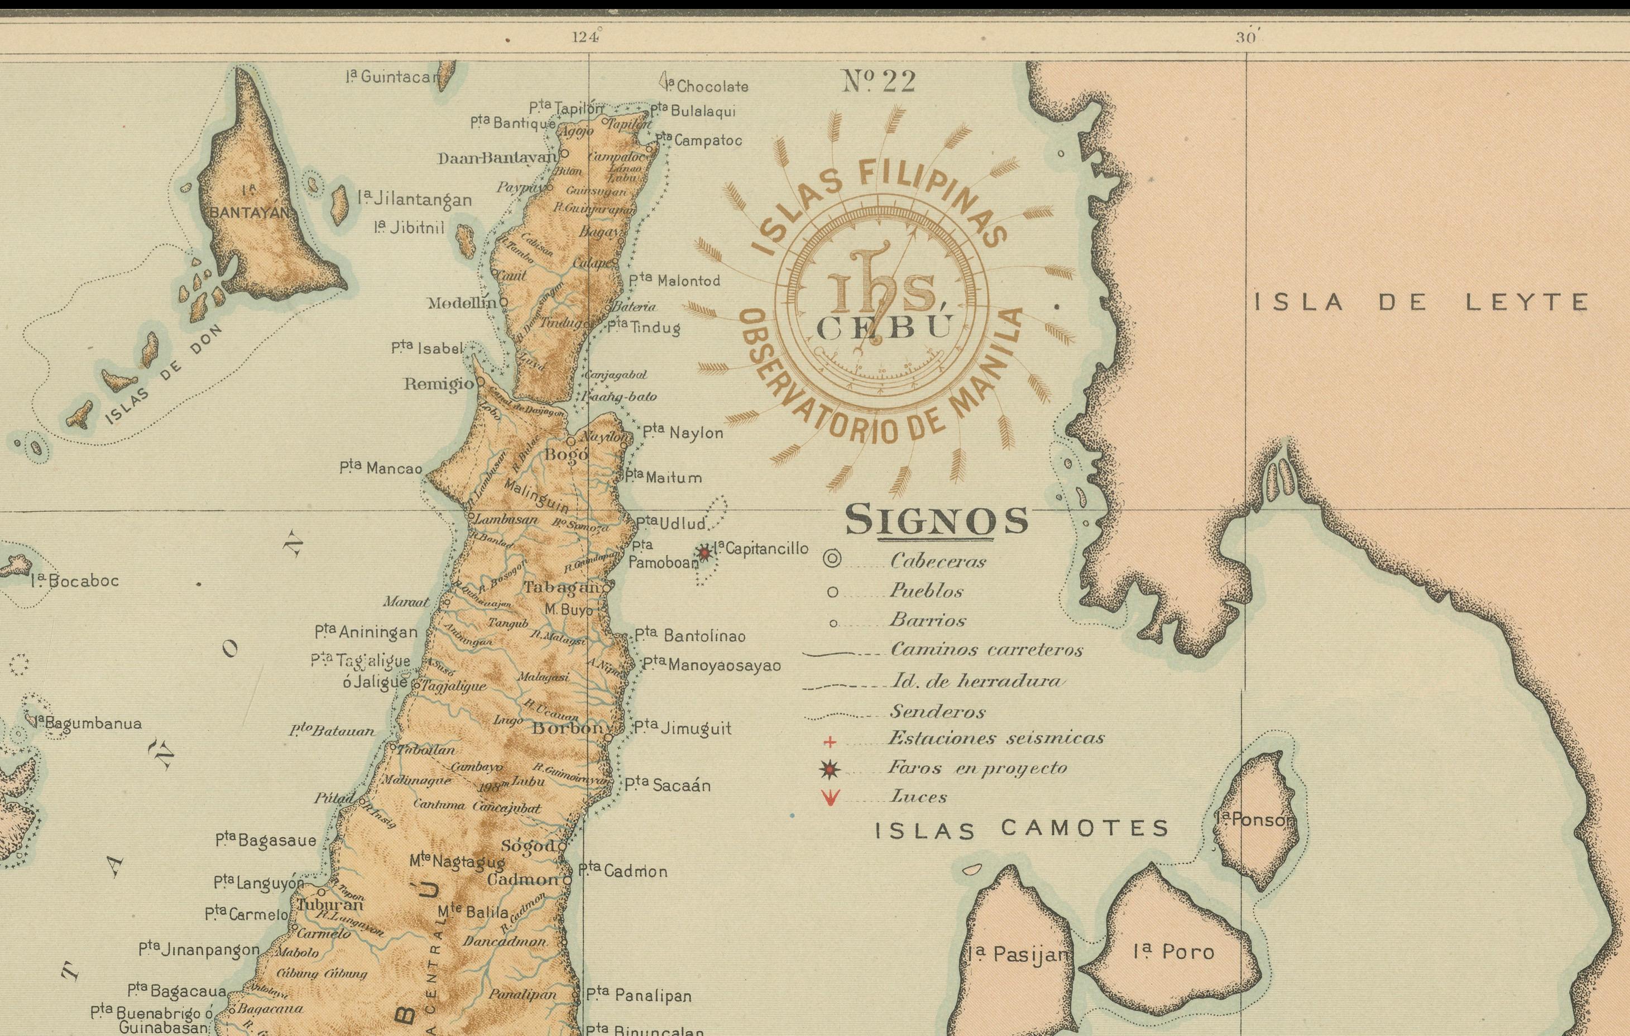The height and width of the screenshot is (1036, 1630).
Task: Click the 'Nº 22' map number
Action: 879,83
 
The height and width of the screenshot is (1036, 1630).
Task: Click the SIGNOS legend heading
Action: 936,520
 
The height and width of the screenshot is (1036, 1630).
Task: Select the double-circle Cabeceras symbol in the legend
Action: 832,559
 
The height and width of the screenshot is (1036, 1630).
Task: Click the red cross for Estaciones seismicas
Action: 831,742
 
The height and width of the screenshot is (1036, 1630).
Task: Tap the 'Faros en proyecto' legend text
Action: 977,768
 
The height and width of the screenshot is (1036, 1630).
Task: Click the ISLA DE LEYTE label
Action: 1422,302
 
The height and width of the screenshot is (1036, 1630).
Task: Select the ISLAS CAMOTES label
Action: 1022,829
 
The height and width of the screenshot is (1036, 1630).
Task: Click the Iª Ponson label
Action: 1254,819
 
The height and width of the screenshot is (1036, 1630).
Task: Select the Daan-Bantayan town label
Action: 497,159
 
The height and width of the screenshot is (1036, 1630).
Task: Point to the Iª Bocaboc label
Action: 74,581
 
